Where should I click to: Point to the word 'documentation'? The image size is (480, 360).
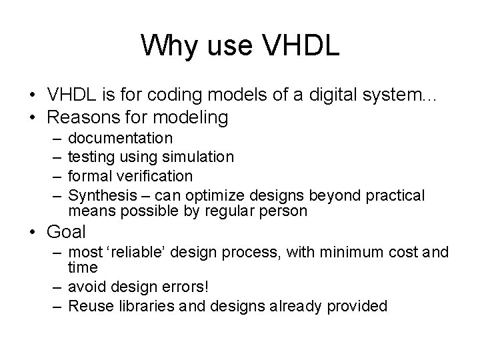tap(121, 138)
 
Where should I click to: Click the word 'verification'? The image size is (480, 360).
tap(155, 176)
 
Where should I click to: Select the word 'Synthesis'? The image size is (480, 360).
tap(101, 195)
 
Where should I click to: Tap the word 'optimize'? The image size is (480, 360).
tap(217, 195)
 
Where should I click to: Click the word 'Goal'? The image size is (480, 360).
tap(67, 232)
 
